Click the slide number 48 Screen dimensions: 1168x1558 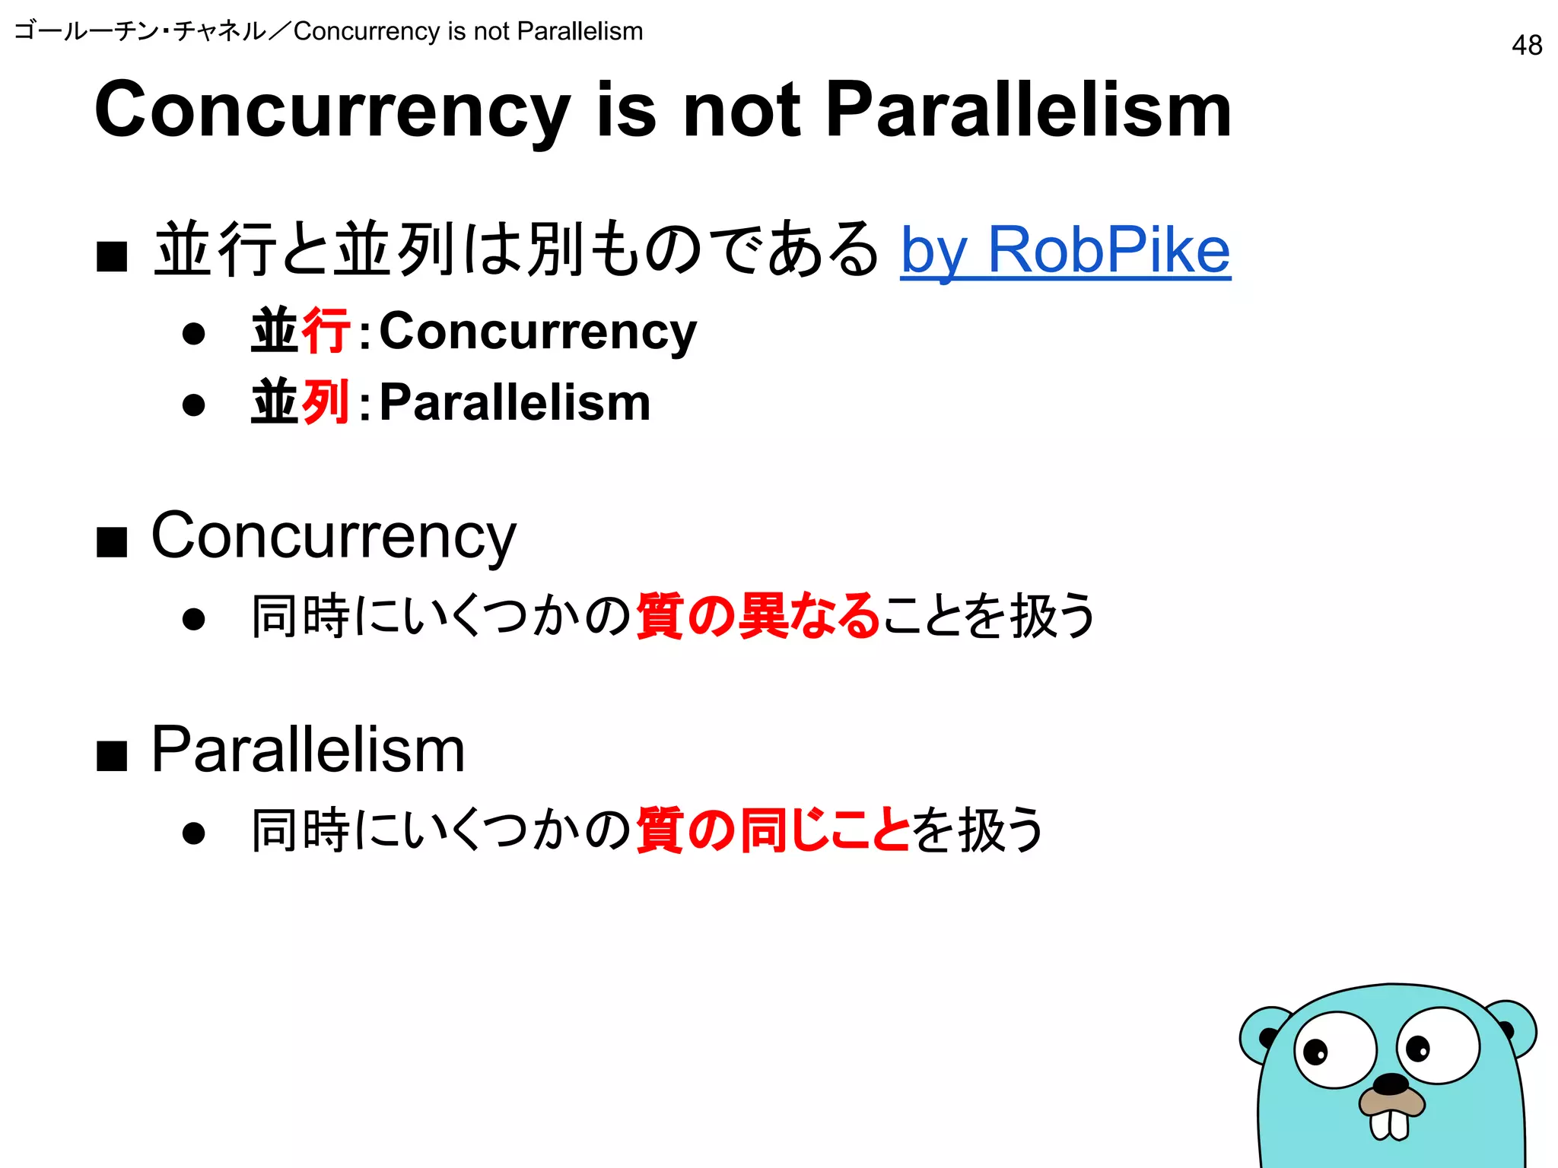[1526, 46]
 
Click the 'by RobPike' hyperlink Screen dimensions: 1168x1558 [1065, 250]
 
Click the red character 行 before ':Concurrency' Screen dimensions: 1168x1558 [326, 331]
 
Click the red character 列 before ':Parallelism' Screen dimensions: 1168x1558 [326, 401]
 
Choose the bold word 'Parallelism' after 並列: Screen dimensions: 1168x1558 [515, 402]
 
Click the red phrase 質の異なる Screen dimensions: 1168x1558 [758, 615]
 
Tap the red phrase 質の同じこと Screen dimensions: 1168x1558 [772, 830]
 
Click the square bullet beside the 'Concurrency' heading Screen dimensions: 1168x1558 [112, 542]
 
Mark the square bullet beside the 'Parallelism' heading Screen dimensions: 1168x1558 [112, 756]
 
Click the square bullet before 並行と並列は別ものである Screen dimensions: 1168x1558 [112, 256]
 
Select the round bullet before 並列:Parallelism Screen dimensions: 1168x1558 [194, 404]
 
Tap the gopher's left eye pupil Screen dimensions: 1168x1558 [1315, 1052]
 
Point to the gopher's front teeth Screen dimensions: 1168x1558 [1389, 1125]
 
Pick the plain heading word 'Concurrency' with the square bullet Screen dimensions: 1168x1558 [333, 537]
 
